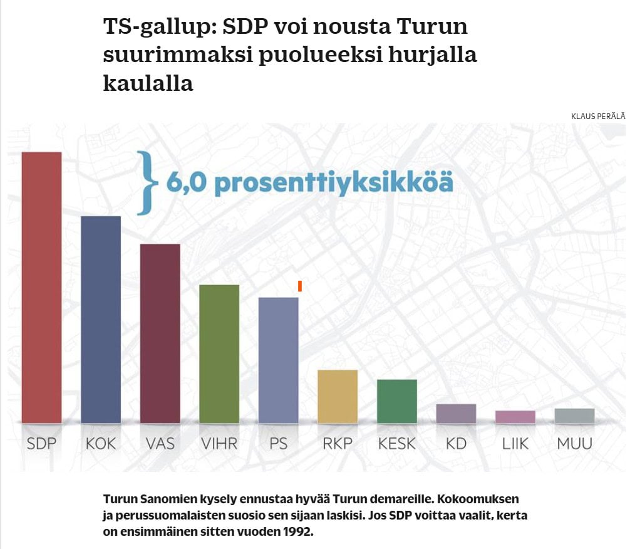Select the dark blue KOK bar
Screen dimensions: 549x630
101,319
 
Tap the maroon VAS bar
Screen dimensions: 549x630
160,333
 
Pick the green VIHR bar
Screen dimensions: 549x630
219,353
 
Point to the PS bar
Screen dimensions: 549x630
279,360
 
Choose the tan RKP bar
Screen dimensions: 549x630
338,396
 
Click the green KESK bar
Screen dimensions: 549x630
397,401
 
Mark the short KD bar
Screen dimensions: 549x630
456,413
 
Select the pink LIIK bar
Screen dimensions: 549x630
515,417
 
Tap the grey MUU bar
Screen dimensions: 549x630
574,416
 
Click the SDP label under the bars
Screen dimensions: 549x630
41,444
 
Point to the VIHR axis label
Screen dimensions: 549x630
219,444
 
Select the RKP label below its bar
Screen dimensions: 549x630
338,444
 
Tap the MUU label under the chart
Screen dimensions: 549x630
574,444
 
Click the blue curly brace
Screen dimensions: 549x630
148,182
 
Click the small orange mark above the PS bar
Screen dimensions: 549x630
301,286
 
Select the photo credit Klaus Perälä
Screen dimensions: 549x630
597,116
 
